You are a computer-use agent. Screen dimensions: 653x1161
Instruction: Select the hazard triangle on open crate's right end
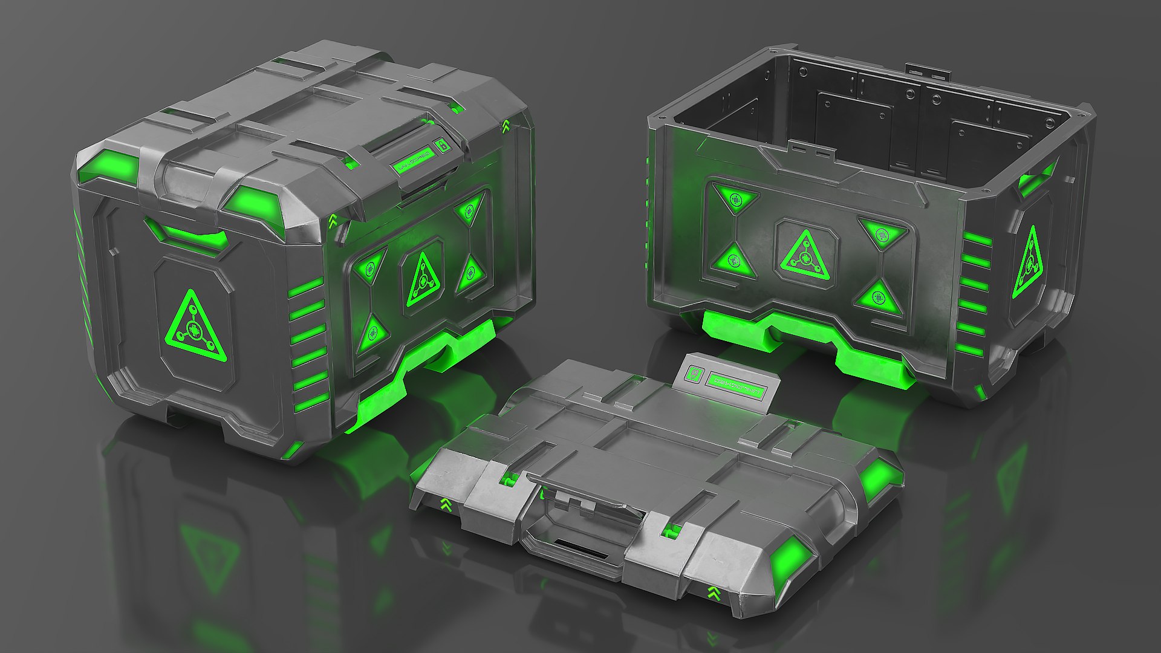click(x=1029, y=264)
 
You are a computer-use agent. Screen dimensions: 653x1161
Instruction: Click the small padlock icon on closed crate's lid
click(x=442, y=145)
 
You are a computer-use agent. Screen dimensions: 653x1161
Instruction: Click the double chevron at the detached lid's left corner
click(x=446, y=505)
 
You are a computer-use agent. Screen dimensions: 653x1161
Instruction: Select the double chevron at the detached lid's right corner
click(x=714, y=593)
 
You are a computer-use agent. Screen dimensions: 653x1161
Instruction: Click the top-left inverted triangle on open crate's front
click(x=735, y=198)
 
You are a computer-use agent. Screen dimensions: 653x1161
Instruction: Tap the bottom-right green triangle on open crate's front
click(x=878, y=297)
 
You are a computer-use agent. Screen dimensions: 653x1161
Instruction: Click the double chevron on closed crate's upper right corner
click(x=506, y=126)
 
